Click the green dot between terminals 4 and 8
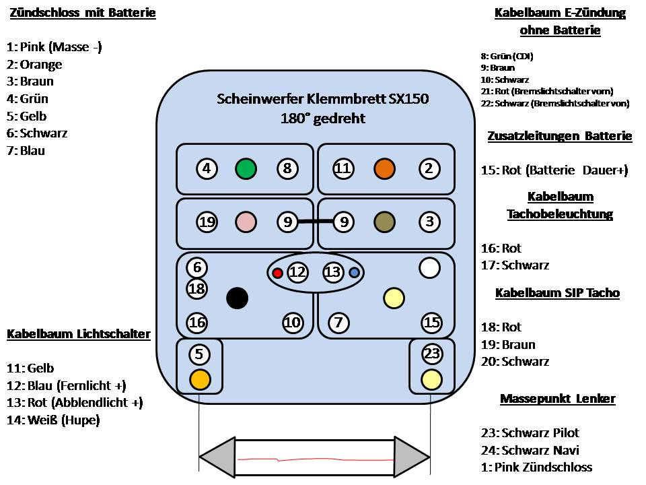[x=246, y=168]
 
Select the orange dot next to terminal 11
[x=384, y=168]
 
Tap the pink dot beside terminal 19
[x=246, y=221]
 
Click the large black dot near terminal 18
[x=237, y=298]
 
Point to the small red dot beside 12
[x=277, y=273]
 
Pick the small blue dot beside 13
[x=354, y=273]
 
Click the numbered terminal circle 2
[x=429, y=168]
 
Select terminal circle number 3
[x=429, y=221]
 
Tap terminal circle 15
[x=431, y=323]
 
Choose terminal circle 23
[x=431, y=353]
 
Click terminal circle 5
[x=199, y=353]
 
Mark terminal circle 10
[x=292, y=323]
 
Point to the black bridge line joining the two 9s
[x=316, y=221]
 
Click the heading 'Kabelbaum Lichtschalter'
[x=79, y=334]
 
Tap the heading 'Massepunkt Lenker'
[x=557, y=399]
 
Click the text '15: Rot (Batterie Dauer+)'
[x=554, y=170]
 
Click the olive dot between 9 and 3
[x=384, y=221]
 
